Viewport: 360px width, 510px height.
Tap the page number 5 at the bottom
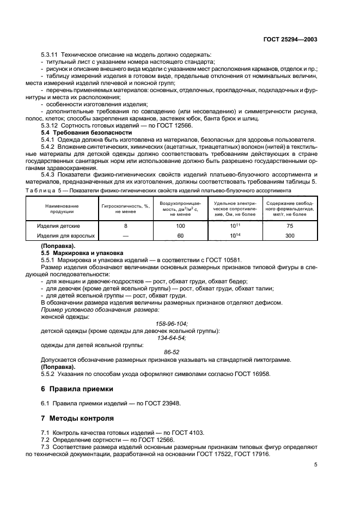316,465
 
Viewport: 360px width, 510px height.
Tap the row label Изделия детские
62,226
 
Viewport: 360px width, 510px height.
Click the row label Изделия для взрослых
66,235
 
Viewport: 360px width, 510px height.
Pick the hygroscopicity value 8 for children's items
125,226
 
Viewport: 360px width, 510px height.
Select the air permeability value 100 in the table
181,226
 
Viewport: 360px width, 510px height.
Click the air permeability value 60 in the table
181,235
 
